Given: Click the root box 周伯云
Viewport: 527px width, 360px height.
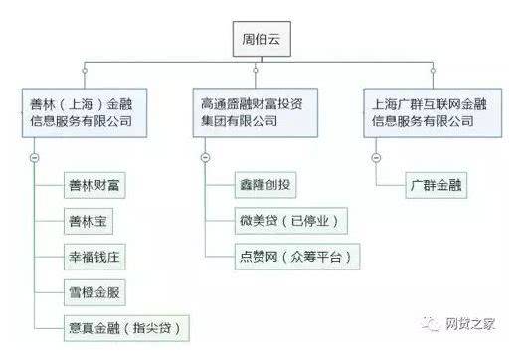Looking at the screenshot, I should point(262,41).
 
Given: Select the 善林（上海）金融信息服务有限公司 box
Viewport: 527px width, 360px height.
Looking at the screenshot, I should point(88,111).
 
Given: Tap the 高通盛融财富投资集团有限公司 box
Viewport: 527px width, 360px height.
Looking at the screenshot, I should point(261,111).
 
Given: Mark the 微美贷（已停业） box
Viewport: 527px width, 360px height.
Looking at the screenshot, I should point(284,220).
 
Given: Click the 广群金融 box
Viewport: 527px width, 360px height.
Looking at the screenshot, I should point(437,185).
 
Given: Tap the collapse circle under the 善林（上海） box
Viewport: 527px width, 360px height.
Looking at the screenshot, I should point(36,157).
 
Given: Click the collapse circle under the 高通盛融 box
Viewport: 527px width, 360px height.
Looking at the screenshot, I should point(204,157).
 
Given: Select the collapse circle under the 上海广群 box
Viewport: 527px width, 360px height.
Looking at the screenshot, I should point(375,157).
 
